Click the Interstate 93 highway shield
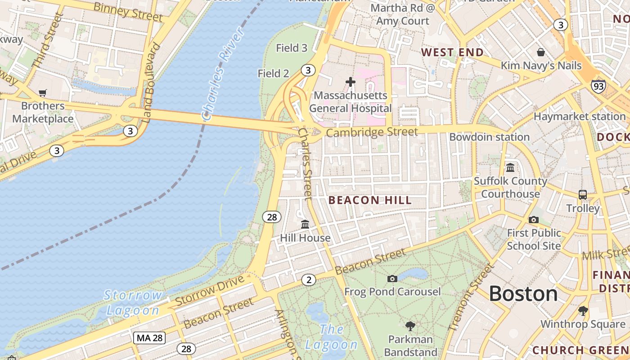[x=598, y=85]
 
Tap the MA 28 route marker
[x=149, y=337]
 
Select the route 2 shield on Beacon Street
[x=308, y=280]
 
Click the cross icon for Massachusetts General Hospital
[x=350, y=82]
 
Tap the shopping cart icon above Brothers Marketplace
[x=43, y=93]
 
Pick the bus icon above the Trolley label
[x=583, y=195]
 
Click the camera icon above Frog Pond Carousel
[x=392, y=279]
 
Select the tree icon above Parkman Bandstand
[x=410, y=326]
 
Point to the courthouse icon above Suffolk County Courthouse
[x=510, y=168]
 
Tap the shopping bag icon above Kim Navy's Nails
[x=541, y=52]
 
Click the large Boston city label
[x=523, y=294]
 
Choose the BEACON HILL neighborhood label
[x=370, y=200]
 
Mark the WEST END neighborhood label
[x=452, y=52]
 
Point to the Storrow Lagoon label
[x=133, y=302]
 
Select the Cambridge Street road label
[x=372, y=132]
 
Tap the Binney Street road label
[x=128, y=12]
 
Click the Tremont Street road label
[x=472, y=297]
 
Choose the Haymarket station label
[x=580, y=117]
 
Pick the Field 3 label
[x=292, y=48]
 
